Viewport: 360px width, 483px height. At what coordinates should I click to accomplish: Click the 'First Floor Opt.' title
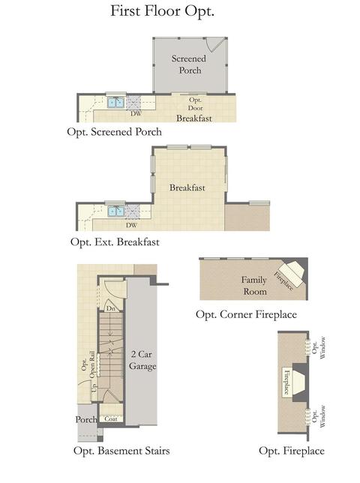point(162,11)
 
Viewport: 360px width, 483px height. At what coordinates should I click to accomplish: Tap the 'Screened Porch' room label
point(189,64)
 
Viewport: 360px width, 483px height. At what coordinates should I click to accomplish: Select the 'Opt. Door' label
point(196,103)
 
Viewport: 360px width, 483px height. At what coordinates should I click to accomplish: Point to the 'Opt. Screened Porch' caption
point(114,132)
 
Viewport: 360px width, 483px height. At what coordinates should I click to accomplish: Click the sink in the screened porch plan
point(115,102)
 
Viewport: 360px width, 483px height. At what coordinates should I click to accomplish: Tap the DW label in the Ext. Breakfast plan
point(131,225)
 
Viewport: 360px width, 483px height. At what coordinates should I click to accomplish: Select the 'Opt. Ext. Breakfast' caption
point(115,241)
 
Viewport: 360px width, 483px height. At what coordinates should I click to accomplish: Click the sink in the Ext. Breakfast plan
point(116,211)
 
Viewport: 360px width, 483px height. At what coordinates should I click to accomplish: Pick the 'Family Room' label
point(254,286)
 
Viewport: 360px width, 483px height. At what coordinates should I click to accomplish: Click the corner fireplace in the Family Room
point(292,274)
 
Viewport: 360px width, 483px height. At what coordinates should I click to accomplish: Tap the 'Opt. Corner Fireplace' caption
point(246,314)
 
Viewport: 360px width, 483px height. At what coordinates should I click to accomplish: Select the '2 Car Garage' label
point(142,360)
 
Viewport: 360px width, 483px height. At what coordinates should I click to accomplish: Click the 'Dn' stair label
point(111,308)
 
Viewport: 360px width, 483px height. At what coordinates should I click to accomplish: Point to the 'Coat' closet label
point(111,418)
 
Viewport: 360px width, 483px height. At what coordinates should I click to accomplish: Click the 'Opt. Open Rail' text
point(88,364)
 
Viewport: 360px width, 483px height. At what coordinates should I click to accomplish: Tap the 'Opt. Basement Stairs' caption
point(121,451)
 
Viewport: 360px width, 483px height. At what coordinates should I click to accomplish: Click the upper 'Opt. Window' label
point(319,347)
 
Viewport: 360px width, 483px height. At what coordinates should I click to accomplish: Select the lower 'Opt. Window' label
point(319,416)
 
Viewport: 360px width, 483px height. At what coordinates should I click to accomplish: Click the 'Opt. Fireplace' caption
point(292,451)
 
